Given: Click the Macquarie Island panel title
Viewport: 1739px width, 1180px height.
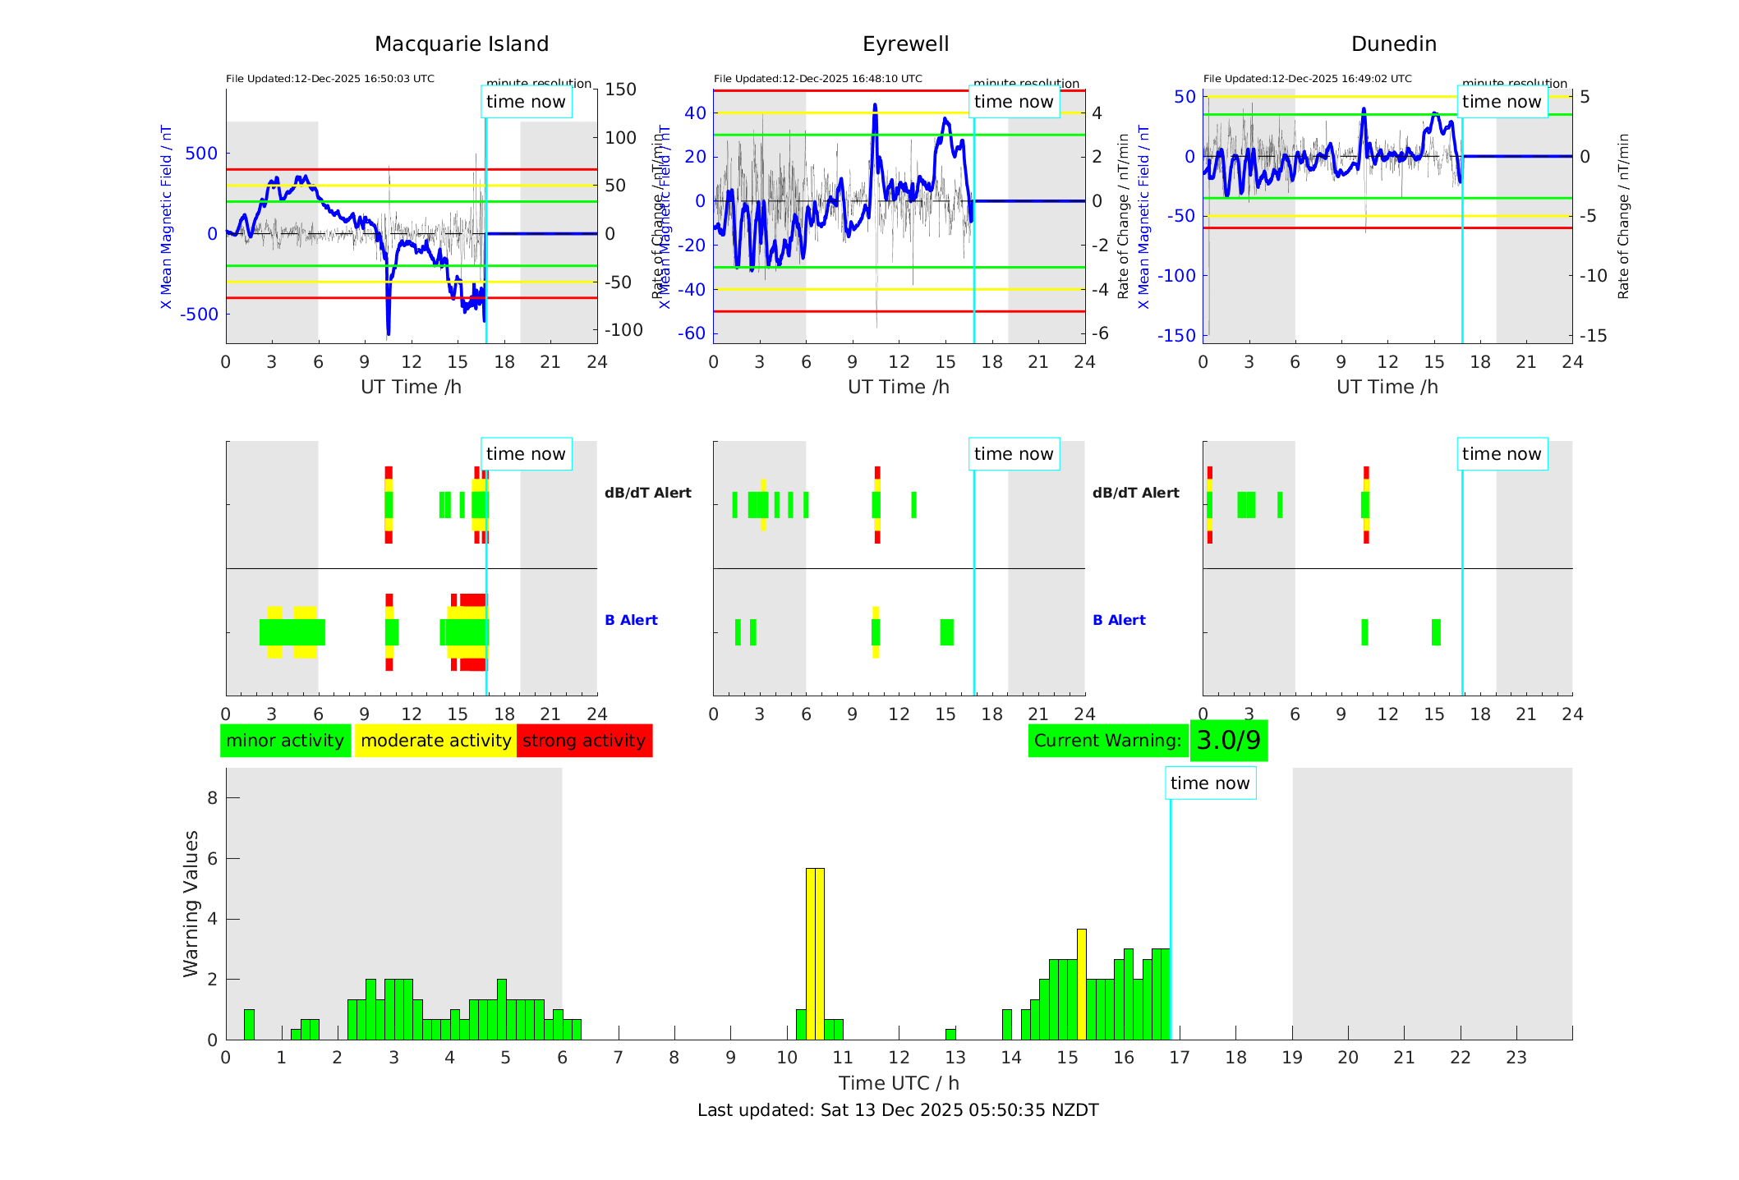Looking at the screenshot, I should click(x=461, y=44).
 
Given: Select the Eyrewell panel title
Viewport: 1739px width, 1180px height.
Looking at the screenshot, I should click(x=905, y=44).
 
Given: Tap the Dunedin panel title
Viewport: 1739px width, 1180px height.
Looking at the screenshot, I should click(x=1393, y=44).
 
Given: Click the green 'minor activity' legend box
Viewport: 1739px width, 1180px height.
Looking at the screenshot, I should click(x=285, y=741).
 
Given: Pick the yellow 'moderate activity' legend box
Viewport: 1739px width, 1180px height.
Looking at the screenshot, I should click(x=435, y=741).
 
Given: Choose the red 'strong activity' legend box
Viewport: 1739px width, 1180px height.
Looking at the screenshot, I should click(x=584, y=741).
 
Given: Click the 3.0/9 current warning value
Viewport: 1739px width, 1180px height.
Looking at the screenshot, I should click(x=1228, y=741).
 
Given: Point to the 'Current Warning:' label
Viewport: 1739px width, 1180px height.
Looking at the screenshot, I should click(x=1107, y=741).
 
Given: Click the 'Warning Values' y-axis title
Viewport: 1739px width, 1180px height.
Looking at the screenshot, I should click(x=191, y=903).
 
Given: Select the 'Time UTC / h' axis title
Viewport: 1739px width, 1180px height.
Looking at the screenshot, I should click(x=899, y=1083).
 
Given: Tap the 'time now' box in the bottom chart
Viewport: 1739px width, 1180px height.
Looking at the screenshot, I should click(x=1210, y=783).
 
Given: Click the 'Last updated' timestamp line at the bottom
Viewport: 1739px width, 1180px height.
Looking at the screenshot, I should click(x=898, y=1110).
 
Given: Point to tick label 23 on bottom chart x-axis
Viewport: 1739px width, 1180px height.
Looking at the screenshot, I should click(x=1516, y=1058).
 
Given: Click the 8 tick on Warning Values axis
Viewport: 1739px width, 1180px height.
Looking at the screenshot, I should click(x=212, y=797).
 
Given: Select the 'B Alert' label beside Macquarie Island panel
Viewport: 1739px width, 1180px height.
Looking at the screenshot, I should click(x=631, y=620).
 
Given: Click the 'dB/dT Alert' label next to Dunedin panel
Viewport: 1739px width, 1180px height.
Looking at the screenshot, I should click(x=1135, y=493).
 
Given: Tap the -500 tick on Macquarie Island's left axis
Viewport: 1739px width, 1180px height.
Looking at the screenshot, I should click(x=200, y=315).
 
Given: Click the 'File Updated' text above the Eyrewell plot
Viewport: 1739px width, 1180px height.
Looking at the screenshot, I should click(x=817, y=79).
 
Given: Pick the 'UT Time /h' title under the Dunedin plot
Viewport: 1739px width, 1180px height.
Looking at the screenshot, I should click(x=1387, y=387).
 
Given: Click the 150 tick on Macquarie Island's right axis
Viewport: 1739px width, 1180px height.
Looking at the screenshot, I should click(x=620, y=90).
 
